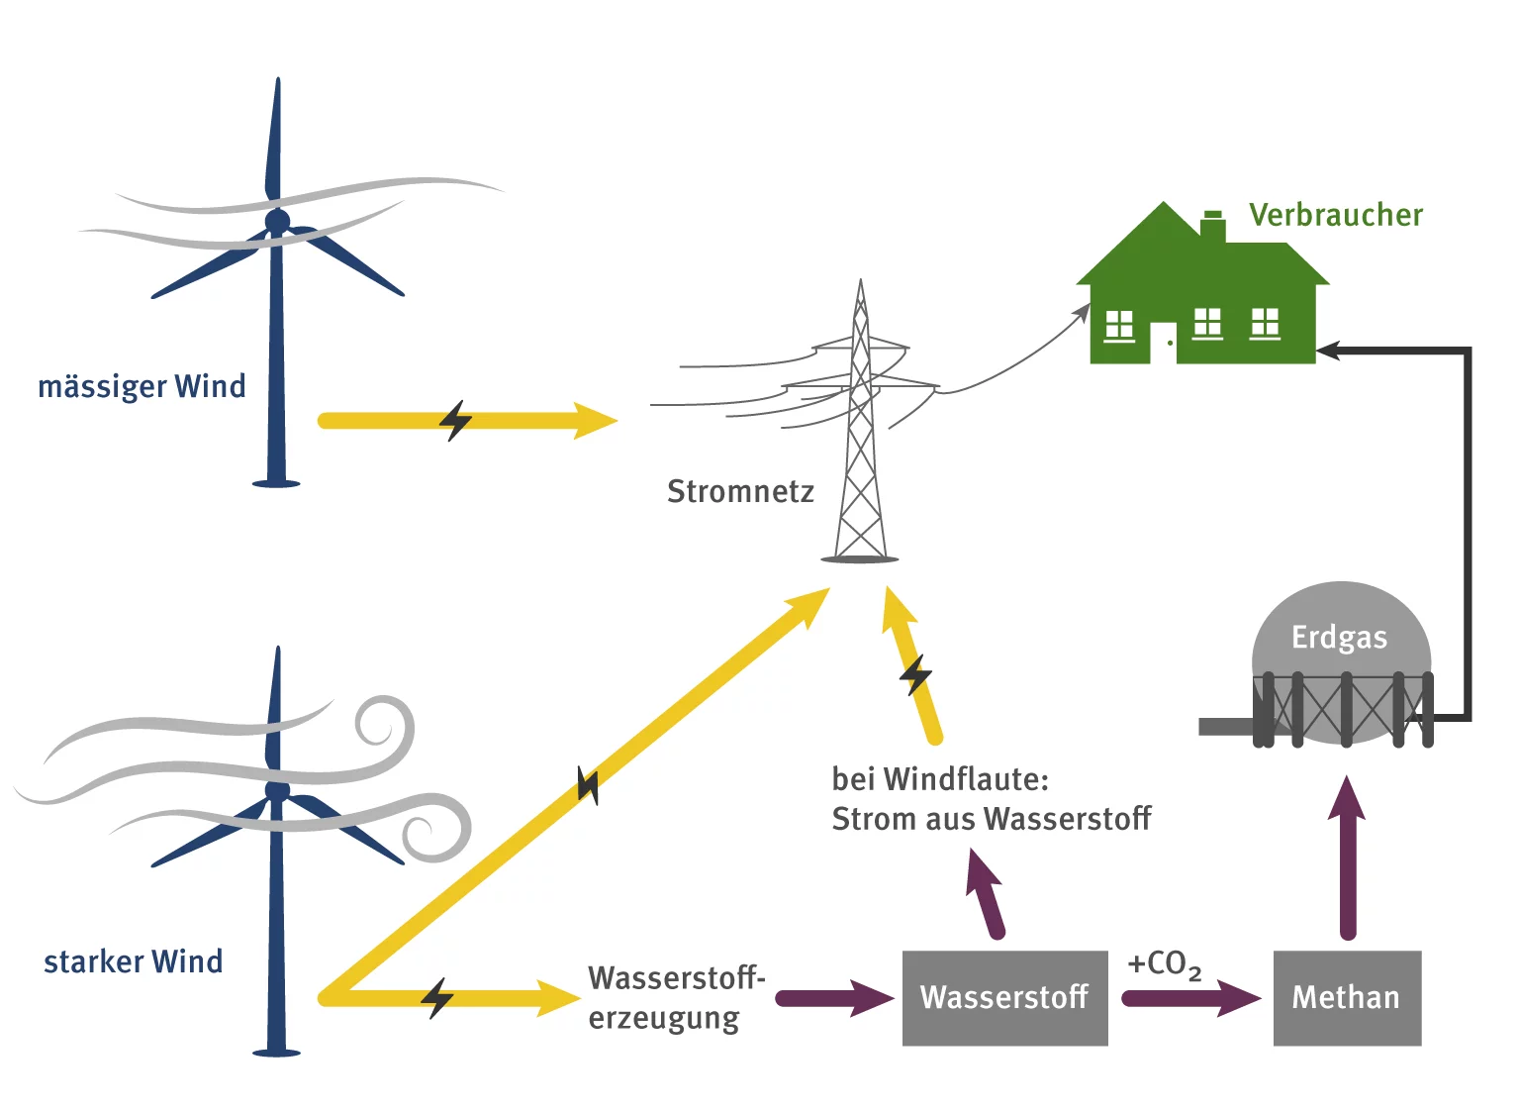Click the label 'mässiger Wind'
point(142,386)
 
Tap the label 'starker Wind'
point(134,961)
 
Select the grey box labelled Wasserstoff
point(1004,997)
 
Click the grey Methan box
point(1346,997)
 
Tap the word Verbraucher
point(1335,215)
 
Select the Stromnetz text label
point(740,491)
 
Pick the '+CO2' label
point(1164,963)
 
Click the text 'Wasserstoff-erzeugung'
point(676,997)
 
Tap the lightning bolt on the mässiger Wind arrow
point(455,421)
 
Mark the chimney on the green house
point(1212,227)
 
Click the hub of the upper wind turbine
point(277,221)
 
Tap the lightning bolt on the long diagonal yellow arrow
point(588,786)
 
